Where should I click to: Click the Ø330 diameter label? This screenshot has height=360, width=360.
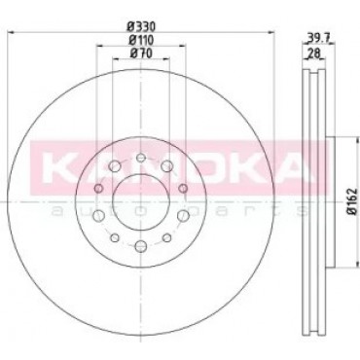(141, 25)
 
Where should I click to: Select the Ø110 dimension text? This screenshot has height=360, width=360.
(141, 40)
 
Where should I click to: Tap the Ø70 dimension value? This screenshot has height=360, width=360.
(141, 54)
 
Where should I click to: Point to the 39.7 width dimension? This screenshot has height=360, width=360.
(318, 38)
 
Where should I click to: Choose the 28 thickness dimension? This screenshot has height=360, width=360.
(312, 52)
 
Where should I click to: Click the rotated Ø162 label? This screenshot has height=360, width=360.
(353, 201)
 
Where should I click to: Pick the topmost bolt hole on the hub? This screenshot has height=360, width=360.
(141, 158)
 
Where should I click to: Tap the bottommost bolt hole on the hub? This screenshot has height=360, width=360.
(141, 245)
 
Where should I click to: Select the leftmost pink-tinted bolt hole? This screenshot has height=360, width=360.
(99, 188)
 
